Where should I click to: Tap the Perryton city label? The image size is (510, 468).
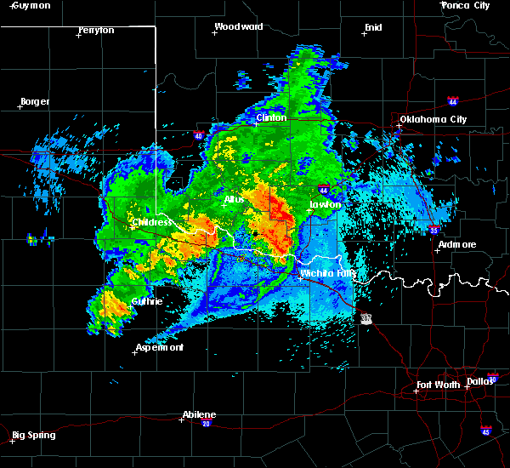click(96, 30)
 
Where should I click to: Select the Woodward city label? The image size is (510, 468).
click(238, 26)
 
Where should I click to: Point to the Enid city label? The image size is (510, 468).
click(373, 27)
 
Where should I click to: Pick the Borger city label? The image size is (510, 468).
click(35, 101)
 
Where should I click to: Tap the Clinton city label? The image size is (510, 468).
click(271, 117)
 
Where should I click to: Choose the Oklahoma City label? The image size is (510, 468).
click(433, 119)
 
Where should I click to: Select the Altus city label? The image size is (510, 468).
click(235, 200)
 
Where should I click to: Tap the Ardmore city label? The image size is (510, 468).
click(457, 244)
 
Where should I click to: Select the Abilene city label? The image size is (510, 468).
click(199, 414)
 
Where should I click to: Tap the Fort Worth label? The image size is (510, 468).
click(439, 385)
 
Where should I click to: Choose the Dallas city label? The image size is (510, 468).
click(480, 380)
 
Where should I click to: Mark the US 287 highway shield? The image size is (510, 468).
click(365, 317)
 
